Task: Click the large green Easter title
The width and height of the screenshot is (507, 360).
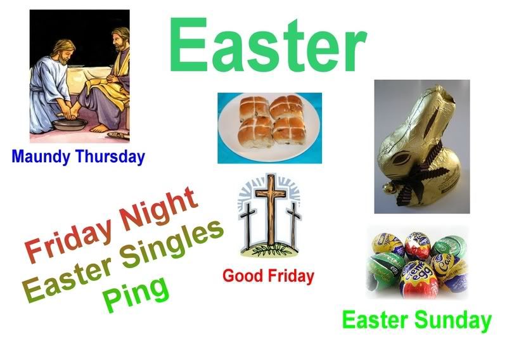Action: pyautogui.click(x=267, y=44)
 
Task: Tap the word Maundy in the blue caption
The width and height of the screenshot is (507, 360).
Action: pyautogui.click(x=41, y=157)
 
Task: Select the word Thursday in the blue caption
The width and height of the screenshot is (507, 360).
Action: pyautogui.click(x=110, y=157)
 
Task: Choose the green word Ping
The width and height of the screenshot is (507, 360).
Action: pyautogui.click(x=136, y=294)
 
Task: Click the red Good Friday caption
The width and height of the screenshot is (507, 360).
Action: pyautogui.click(x=268, y=276)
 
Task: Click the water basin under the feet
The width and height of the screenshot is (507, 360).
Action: pyautogui.click(x=70, y=124)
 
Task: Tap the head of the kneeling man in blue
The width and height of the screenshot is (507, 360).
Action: pyautogui.click(x=65, y=52)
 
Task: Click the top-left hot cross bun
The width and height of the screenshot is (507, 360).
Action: pyautogui.click(x=254, y=108)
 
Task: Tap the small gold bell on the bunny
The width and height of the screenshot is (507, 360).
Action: pyautogui.click(x=388, y=188)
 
